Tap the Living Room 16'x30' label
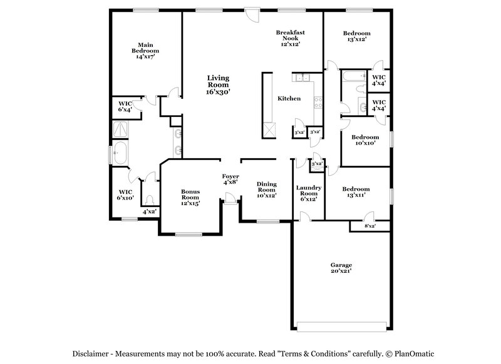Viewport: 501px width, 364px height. click(x=219, y=84)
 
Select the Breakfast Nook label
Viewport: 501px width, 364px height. click(x=290, y=38)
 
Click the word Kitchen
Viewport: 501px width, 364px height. click(x=289, y=99)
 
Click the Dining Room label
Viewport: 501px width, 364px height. click(x=267, y=189)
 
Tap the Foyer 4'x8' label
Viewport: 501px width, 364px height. click(x=230, y=180)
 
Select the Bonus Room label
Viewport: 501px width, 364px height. click(x=190, y=197)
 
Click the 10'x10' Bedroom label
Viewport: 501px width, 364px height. click(x=364, y=140)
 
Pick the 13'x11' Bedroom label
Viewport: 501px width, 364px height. click(x=356, y=192)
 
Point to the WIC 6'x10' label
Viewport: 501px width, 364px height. click(x=125, y=195)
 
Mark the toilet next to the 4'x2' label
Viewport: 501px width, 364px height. click(x=149, y=200)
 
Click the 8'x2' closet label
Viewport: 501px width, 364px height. click(x=370, y=226)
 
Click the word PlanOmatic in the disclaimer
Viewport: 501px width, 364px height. click(x=411, y=353)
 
